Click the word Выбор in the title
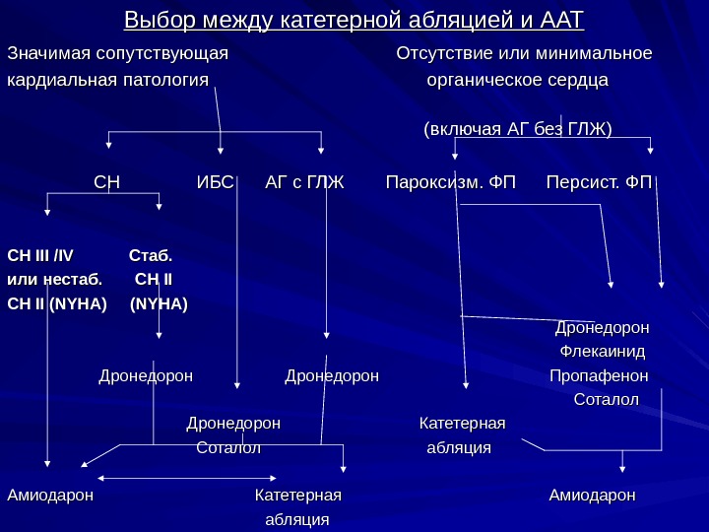pyautogui.click(x=156, y=21)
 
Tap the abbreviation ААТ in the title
pyautogui.click(x=561, y=21)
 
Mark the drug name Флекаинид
pyautogui.click(x=602, y=351)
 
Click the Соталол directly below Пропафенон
pyautogui.click(x=606, y=399)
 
